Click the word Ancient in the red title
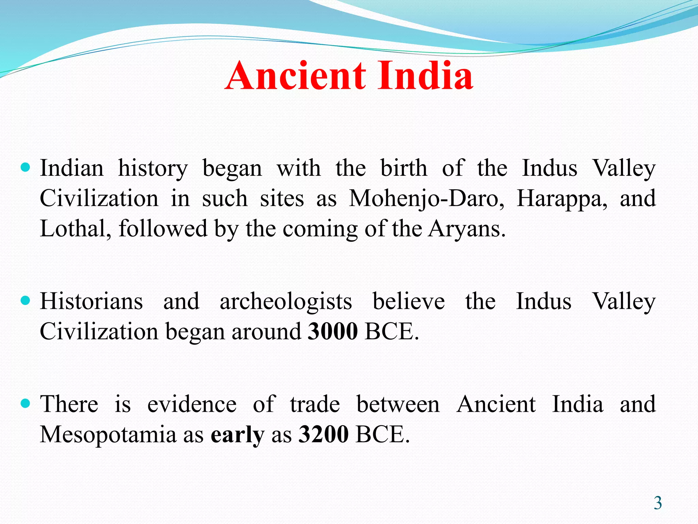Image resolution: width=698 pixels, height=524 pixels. click(x=296, y=76)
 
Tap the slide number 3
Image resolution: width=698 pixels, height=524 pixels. click(x=657, y=503)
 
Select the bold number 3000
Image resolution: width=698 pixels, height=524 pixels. click(x=333, y=331)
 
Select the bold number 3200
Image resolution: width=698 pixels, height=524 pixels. click(x=323, y=434)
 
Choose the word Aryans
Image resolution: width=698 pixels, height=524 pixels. click(x=467, y=229)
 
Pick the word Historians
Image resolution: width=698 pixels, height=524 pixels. click(x=91, y=301)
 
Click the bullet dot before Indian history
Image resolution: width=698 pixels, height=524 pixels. click(x=26, y=168)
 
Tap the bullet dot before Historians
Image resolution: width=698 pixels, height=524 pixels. click(x=26, y=301)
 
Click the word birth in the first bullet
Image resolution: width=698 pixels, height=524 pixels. click(x=404, y=168)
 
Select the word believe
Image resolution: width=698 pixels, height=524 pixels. click(x=409, y=301)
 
